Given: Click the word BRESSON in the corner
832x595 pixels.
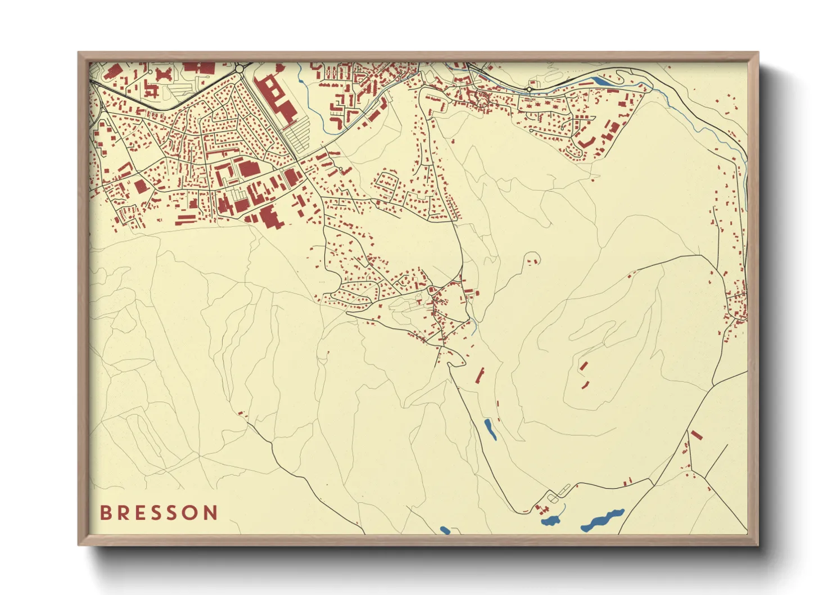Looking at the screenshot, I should point(159,512).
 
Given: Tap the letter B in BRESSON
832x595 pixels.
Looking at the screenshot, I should point(105,512).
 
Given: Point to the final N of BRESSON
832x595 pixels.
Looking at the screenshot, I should point(211,512).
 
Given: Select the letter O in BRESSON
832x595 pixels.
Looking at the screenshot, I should point(192,512).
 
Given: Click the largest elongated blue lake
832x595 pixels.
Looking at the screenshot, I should point(603,520).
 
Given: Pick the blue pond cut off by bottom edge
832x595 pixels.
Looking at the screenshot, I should point(445,530).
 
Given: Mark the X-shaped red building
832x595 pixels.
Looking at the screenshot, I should point(163,74).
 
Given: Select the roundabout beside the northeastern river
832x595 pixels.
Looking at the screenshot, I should point(530,89).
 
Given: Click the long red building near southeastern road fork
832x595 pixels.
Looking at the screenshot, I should point(697,435).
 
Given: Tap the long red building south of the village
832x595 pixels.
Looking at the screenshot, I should point(480,375).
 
